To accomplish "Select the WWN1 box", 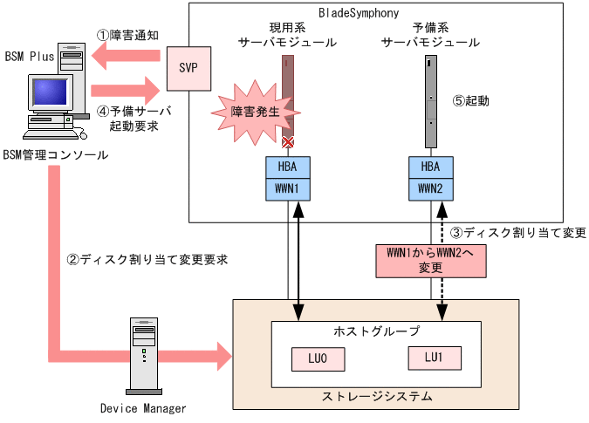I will [288, 189].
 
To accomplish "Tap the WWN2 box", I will [431, 189].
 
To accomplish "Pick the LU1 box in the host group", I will [434, 358].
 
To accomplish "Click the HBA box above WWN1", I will [288, 167].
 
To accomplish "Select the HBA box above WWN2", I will [431, 167].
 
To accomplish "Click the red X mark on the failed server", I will [286, 141].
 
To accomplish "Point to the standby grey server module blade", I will [430, 101].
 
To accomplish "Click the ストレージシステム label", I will [377, 398].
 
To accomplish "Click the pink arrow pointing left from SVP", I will [127, 59].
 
